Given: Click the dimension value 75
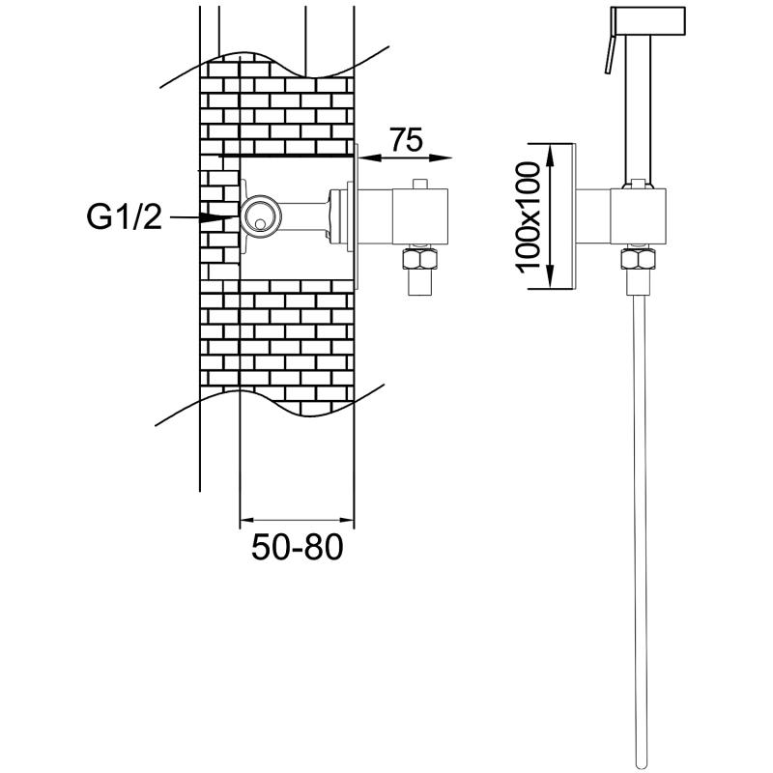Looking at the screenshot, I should (408, 140).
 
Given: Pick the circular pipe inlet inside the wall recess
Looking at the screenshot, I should (258, 217).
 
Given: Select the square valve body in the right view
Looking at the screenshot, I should (639, 216).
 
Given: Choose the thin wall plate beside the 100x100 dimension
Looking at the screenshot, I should (573, 216).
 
